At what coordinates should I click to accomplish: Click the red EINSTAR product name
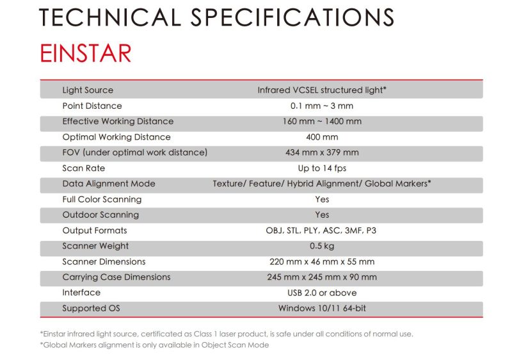click(86, 53)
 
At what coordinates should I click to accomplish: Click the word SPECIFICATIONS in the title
click(292, 17)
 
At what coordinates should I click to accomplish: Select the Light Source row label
click(88, 90)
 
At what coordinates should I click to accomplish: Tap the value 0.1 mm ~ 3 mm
click(322, 106)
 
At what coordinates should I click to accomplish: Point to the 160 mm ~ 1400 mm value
click(322, 121)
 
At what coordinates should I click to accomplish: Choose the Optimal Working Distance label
click(116, 137)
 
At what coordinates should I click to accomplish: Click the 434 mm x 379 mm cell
click(322, 152)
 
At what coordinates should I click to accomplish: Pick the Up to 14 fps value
click(322, 168)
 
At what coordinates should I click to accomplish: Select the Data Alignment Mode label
click(109, 184)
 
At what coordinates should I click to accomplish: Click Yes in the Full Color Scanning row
click(322, 199)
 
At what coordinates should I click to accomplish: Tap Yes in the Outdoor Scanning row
click(322, 215)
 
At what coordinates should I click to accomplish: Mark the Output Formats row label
click(95, 231)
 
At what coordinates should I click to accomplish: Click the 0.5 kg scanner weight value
click(322, 246)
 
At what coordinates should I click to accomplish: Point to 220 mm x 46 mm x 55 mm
click(322, 261)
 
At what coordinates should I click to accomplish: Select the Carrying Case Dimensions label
click(116, 277)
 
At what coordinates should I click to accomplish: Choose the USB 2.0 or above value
click(322, 293)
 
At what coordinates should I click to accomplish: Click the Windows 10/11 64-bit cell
click(322, 308)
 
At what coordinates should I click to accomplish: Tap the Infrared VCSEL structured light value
click(322, 90)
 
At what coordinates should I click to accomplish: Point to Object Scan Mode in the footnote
click(235, 345)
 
